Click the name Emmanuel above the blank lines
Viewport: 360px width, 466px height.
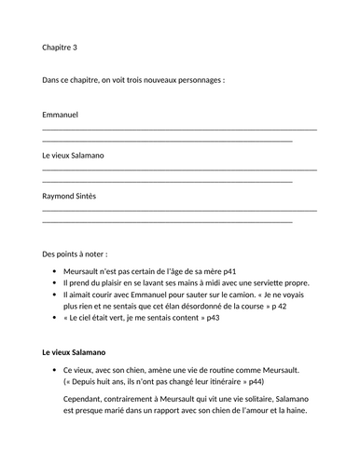coord(61,115)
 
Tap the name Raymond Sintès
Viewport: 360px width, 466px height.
coord(69,197)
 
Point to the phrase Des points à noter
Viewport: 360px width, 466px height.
coord(75,254)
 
